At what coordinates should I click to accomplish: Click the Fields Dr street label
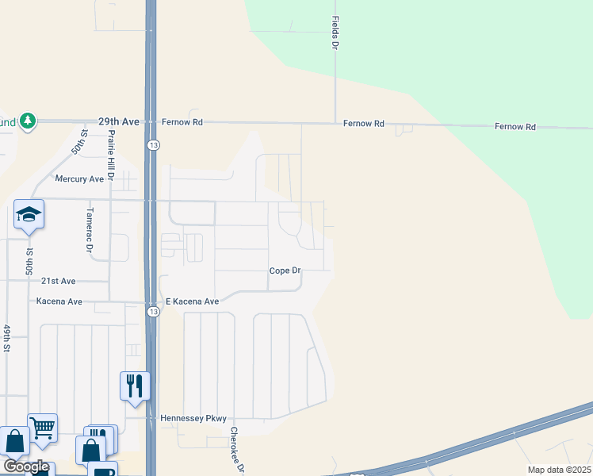335,33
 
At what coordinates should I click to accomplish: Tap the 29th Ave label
119,121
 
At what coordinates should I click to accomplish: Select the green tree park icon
28,121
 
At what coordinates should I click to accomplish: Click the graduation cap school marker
29,214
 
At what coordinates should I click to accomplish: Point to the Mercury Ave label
79,179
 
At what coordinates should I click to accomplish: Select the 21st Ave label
58,281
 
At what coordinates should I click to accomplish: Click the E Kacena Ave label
191,301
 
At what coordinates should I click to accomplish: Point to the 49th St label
6,338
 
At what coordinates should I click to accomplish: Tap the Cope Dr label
285,271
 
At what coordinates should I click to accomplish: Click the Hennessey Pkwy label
193,418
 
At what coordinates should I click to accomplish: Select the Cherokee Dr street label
235,450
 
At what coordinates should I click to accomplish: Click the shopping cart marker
42,428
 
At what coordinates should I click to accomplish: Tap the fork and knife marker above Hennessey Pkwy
135,386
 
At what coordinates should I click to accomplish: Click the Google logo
25,466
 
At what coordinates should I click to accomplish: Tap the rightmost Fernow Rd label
515,126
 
